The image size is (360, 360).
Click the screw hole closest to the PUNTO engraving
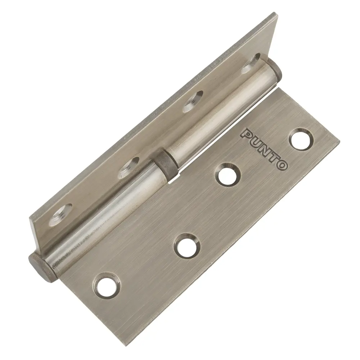tap(301, 140)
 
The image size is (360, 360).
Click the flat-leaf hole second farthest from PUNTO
tap(186, 246)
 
